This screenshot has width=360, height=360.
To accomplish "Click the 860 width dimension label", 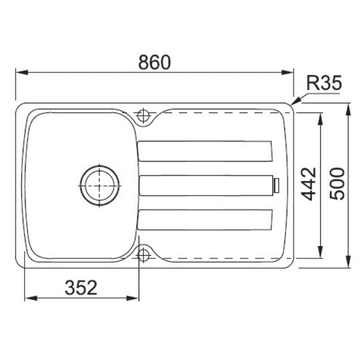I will [x=155, y=62].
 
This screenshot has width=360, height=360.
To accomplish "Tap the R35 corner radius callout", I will [x=323, y=83].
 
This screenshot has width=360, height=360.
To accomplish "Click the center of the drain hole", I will [x=99, y=185].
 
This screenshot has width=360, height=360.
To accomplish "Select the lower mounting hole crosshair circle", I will [x=144, y=256].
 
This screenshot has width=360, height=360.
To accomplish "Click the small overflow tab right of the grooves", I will [x=277, y=185].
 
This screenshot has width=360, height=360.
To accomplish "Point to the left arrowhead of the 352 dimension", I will [x=28, y=298].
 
